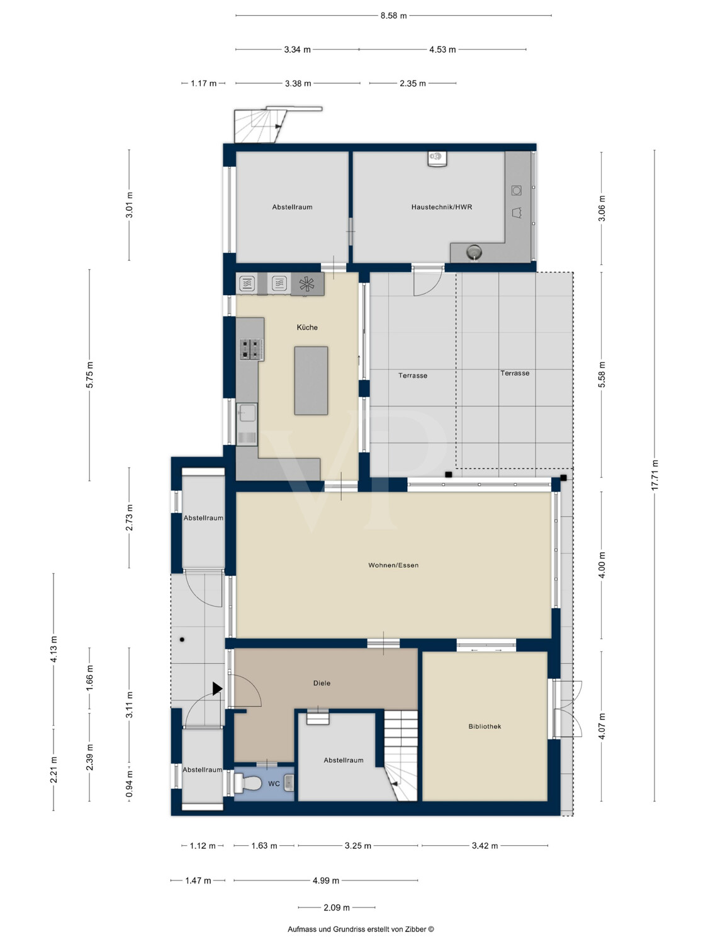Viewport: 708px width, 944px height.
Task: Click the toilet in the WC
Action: pos(248,783)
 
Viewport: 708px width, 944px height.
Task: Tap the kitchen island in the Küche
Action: pos(311,381)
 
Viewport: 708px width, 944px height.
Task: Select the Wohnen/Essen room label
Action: pos(393,565)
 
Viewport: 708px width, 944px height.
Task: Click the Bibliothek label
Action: pos(485,726)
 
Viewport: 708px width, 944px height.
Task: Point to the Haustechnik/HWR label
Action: pos(442,207)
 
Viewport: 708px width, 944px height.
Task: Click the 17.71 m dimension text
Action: pos(655,475)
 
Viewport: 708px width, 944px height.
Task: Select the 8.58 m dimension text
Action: pos(393,16)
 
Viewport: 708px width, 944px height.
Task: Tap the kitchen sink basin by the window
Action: pos(247,413)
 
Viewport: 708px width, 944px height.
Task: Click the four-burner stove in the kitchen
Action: pos(252,349)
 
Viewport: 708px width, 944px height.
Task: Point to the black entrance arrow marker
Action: pos(217,688)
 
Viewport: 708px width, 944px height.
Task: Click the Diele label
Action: pos(322,683)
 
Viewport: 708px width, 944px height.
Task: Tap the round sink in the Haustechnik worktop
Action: pos(474,250)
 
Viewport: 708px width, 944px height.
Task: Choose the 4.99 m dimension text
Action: pos(326,880)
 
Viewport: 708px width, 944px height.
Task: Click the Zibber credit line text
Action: pos(361,929)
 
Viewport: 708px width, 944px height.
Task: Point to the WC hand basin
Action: pos(289,782)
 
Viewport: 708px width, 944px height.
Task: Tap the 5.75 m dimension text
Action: pos(89,374)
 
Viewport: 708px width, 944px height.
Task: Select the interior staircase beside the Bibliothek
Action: pos(401,755)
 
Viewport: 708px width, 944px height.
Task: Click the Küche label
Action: pos(307,327)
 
